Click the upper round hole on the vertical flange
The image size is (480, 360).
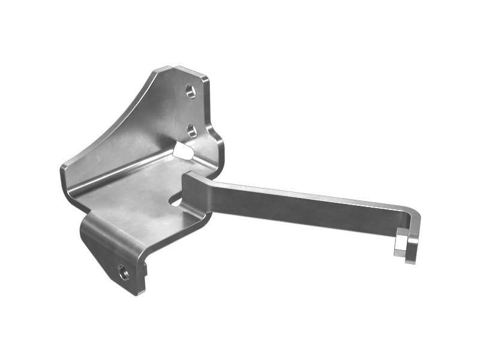(190, 91)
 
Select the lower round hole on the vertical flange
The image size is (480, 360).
(191, 130)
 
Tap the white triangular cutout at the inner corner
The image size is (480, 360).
(183, 151)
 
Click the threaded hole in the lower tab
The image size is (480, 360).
(124, 272)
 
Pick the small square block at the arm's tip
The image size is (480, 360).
(400, 243)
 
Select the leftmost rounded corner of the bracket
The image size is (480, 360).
(63, 171)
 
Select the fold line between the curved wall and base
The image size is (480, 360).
(120, 171)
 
